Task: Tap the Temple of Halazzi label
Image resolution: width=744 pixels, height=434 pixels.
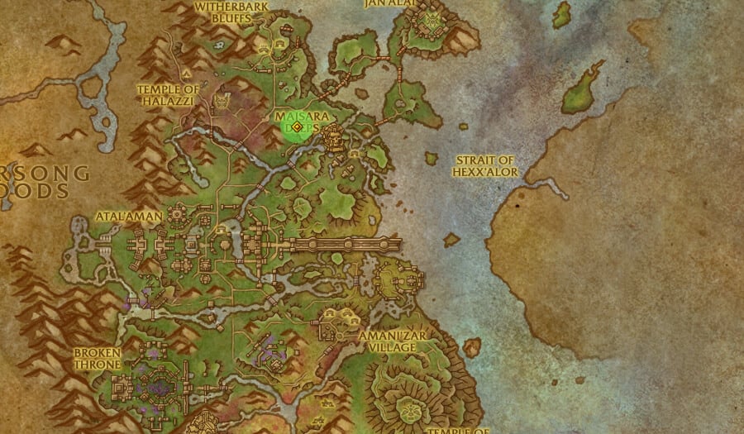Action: tap(169, 94)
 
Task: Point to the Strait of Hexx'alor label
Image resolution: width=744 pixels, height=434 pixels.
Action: tap(484, 165)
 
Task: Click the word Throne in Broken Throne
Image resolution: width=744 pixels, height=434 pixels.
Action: tap(97, 364)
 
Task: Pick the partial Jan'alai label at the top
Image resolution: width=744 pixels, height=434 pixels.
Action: tap(389, 4)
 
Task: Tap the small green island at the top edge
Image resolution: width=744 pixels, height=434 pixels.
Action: tap(563, 14)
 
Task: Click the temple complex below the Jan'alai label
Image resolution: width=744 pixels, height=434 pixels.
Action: tap(431, 22)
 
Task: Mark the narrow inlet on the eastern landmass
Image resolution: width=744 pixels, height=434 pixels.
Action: tap(549, 187)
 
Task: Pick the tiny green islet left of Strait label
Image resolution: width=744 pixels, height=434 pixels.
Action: tap(432, 157)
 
